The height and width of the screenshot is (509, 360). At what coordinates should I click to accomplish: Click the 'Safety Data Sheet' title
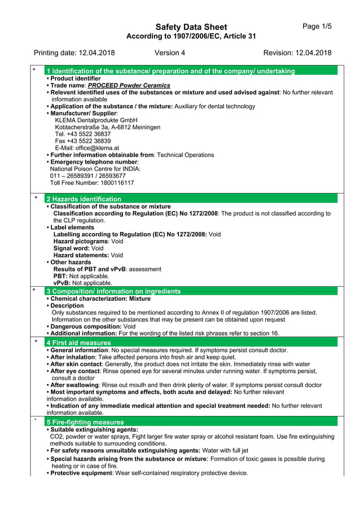(191, 27)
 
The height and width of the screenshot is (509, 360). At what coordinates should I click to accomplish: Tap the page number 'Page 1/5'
(317, 27)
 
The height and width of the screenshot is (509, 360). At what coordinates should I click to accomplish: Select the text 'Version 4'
(169, 53)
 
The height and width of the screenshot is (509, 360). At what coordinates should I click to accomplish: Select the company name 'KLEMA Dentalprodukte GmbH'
(96, 120)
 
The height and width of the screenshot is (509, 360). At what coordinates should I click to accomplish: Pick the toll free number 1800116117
(117, 183)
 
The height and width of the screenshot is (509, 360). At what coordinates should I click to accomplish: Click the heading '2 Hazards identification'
(84, 199)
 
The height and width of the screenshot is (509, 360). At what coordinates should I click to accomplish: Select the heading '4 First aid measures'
(78, 343)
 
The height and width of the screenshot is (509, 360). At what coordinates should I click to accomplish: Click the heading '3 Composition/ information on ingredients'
(113, 291)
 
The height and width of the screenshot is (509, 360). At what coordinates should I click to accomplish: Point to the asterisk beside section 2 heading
(36, 199)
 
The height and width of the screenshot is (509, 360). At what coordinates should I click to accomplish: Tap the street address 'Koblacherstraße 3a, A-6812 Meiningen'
(107, 128)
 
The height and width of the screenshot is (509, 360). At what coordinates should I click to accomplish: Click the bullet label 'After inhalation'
(71, 357)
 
